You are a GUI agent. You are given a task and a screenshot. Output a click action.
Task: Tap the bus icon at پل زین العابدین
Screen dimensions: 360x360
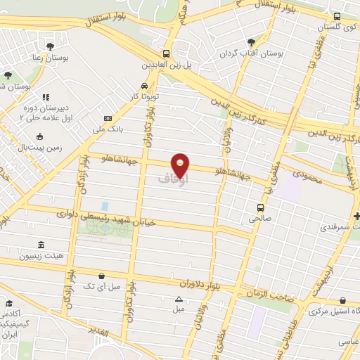pyautogui.click(x=167, y=53)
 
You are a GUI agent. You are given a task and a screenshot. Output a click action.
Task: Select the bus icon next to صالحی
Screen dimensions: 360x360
pyautogui.click(x=261, y=207)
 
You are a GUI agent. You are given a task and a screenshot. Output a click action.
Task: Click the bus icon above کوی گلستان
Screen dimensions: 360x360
pyautogui.click(x=337, y=16)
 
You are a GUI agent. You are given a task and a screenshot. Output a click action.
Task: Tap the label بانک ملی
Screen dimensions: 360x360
pyautogui.click(x=108, y=130)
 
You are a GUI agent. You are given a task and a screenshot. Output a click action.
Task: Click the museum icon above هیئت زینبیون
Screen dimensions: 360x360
pyautogui.click(x=41, y=245)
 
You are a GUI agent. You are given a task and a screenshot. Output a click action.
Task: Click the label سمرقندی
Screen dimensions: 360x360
pyautogui.click(x=338, y=228)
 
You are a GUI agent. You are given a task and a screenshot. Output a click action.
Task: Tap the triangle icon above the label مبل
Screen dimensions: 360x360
pyautogui.click(x=179, y=299)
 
